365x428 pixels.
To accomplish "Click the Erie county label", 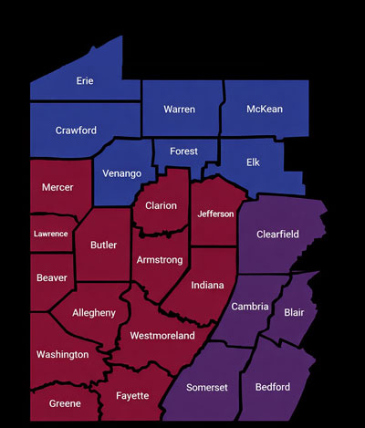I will pyautogui.click(x=84, y=81).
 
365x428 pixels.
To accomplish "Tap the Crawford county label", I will pyautogui.click(x=76, y=130).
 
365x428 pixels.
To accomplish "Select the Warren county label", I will pyautogui.click(x=179, y=110).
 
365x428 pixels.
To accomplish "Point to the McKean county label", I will pyautogui.click(x=265, y=110).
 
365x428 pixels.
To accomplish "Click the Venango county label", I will pyautogui.click(x=122, y=173).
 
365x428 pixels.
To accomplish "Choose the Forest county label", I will pyautogui.click(x=183, y=151).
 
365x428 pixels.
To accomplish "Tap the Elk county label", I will pyautogui.click(x=253, y=162).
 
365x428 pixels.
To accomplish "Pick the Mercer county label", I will pyautogui.click(x=57, y=188).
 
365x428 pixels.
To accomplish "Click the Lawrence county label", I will pyautogui.click(x=50, y=234).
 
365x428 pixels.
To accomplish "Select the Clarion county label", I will pyautogui.click(x=161, y=205).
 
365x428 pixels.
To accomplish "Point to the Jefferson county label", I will pyautogui.click(x=216, y=214).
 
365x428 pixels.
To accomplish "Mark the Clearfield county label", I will pyautogui.click(x=277, y=235).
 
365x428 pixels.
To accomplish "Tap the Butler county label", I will pyautogui.click(x=103, y=245).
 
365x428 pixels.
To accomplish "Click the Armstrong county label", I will pyautogui.click(x=160, y=260).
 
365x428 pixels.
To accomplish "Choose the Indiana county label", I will pyautogui.click(x=207, y=285).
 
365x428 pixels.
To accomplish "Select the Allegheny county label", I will pyautogui.click(x=94, y=313).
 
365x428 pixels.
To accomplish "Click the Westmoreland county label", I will pyautogui.click(x=162, y=336).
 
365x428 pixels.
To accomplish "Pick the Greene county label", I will pyautogui.click(x=64, y=402).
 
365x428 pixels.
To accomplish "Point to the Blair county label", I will pyautogui.click(x=294, y=311).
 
